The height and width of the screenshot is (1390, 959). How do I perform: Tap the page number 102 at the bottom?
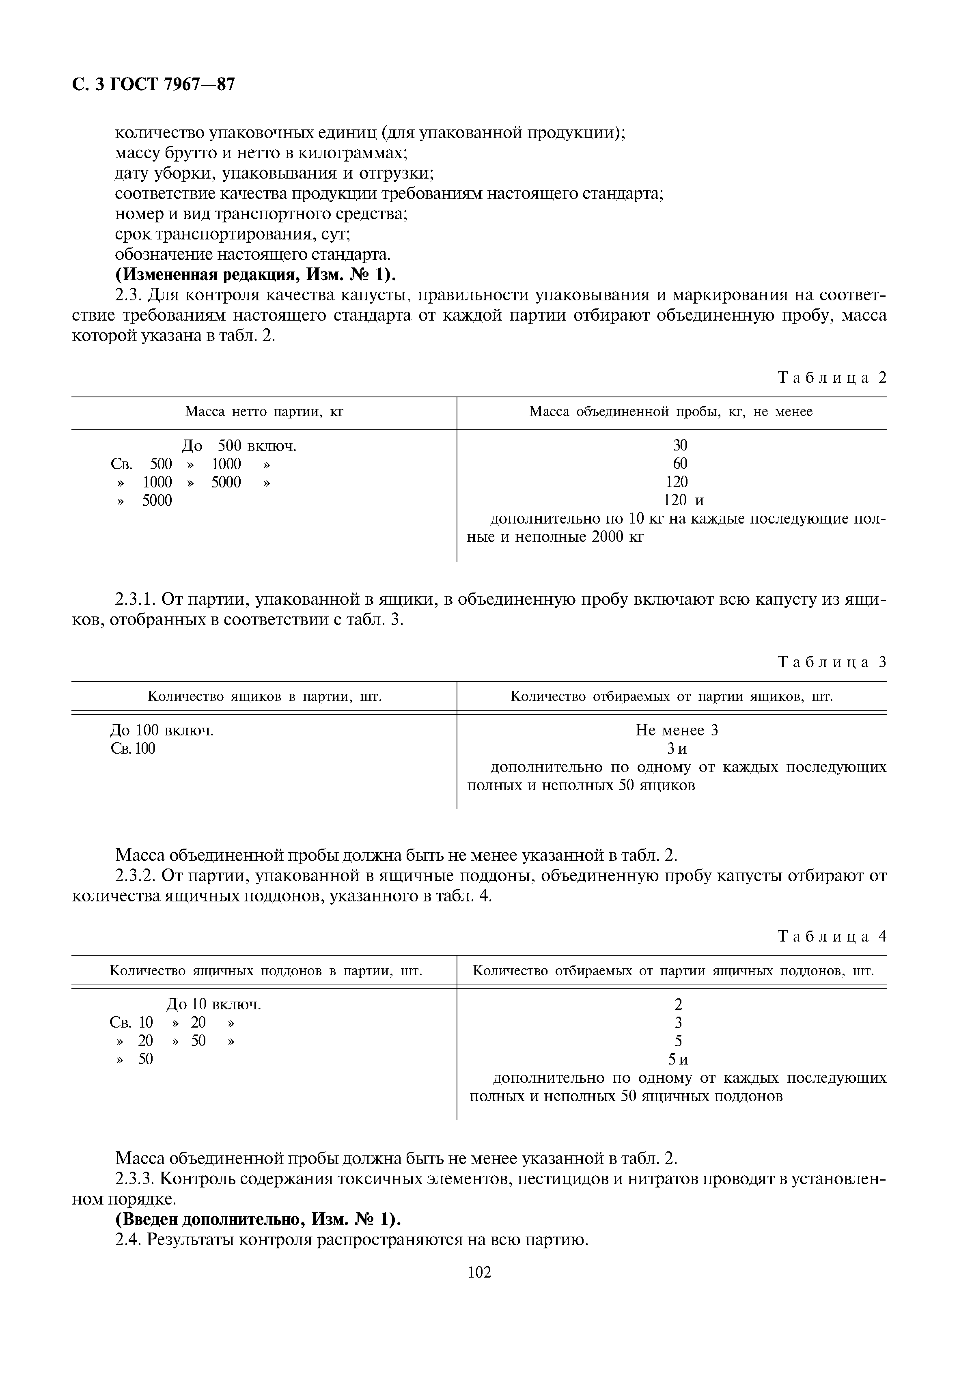coord(479,1289)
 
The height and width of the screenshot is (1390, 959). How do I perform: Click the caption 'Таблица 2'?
coord(832,378)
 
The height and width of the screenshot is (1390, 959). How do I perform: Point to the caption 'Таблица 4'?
coord(832,937)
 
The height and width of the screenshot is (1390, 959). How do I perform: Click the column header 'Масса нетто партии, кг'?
coord(264,412)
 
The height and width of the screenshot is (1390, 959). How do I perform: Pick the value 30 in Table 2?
coord(680,445)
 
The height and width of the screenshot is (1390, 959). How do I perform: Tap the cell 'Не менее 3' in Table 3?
coord(677,731)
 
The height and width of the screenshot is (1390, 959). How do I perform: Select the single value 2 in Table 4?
coord(679,1004)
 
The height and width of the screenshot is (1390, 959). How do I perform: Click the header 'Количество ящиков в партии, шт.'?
coord(265,697)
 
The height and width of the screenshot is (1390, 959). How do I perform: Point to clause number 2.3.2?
coord(136,876)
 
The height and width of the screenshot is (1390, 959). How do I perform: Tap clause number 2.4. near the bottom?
coord(127,1240)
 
